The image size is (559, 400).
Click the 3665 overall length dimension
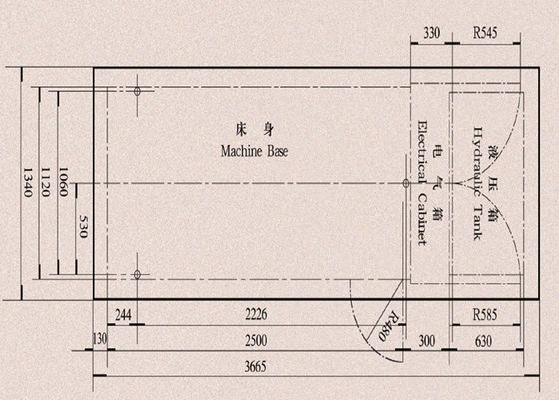point(255,367)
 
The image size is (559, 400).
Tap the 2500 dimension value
point(256,341)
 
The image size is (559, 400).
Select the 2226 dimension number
point(256,315)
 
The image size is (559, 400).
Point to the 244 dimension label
point(124,315)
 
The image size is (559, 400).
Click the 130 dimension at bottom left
point(100,339)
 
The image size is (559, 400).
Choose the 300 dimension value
point(427,341)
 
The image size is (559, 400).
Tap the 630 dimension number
point(484,341)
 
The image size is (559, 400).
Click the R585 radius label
point(485,315)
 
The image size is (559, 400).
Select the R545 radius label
point(485,33)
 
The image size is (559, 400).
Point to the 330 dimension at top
point(431,34)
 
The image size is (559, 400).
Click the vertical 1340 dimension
point(28,182)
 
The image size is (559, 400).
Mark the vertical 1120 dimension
point(45,182)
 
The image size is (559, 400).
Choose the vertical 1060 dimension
point(63,182)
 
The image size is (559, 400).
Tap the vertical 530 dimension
point(83,226)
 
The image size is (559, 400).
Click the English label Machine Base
point(255,151)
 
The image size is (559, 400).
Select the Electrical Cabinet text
point(422,183)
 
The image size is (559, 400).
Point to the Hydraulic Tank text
point(478,183)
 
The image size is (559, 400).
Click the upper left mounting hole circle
point(137,91)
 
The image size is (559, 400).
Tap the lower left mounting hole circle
point(137,274)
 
